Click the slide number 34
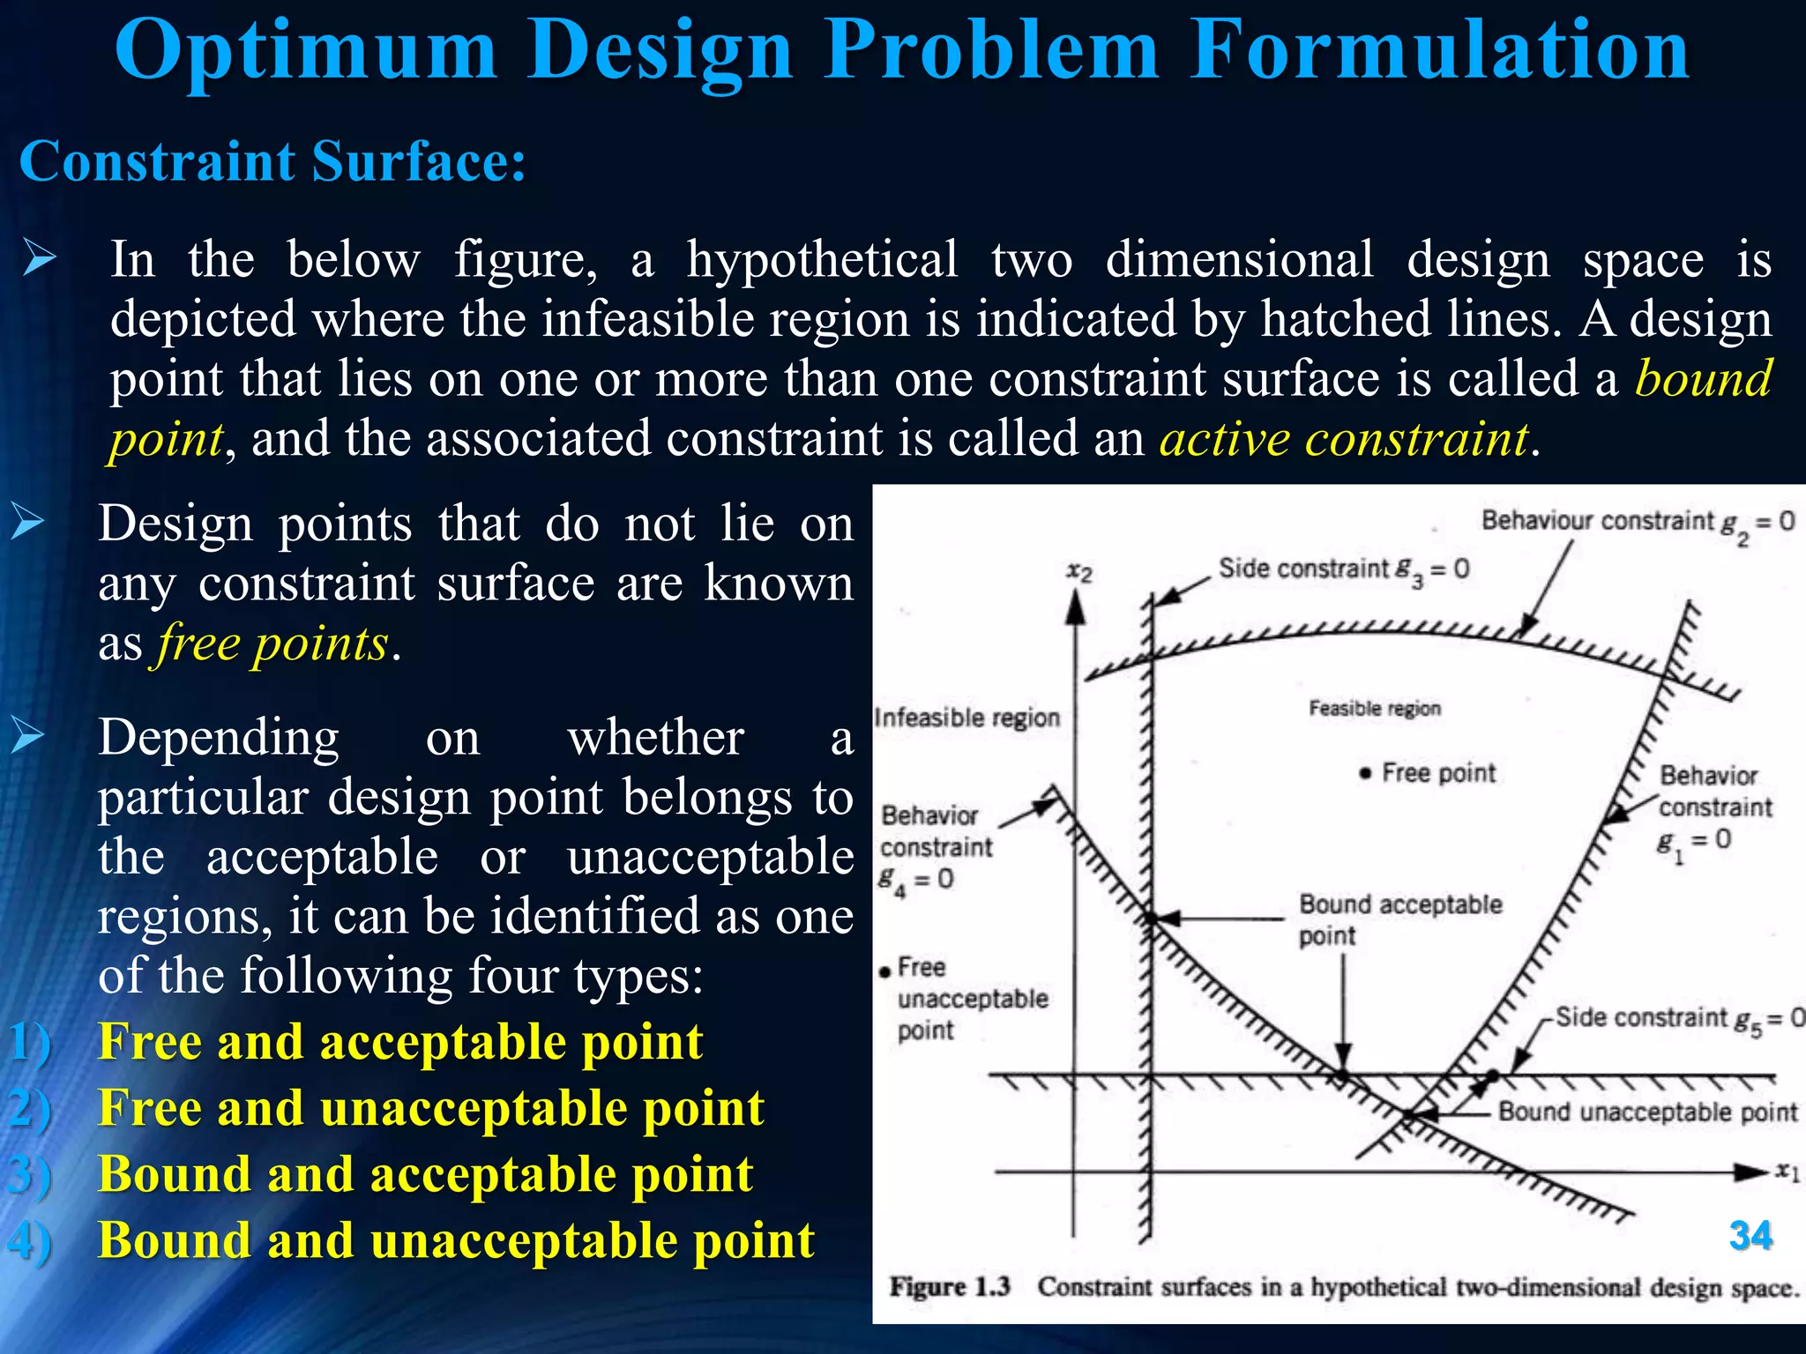[x=1750, y=1236]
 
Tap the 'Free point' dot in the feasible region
[x=1366, y=774]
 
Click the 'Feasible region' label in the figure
[x=1374, y=709]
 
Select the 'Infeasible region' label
[x=966, y=718]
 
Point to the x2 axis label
[x=1079, y=572]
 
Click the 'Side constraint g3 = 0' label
[x=1343, y=569]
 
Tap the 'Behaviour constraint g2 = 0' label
[x=1637, y=522]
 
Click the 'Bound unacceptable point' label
[x=1647, y=1112]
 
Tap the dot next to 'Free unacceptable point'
[x=885, y=972]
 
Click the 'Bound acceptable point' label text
[x=1399, y=919]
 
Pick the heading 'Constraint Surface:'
[x=272, y=161]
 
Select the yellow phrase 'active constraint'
[x=1343, y=438]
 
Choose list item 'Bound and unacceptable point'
[x=456, y=1240]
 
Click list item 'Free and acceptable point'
[x=400, y=1042]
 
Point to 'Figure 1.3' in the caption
[x=949, y=1287]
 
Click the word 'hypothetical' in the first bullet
[x=822, y=260]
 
